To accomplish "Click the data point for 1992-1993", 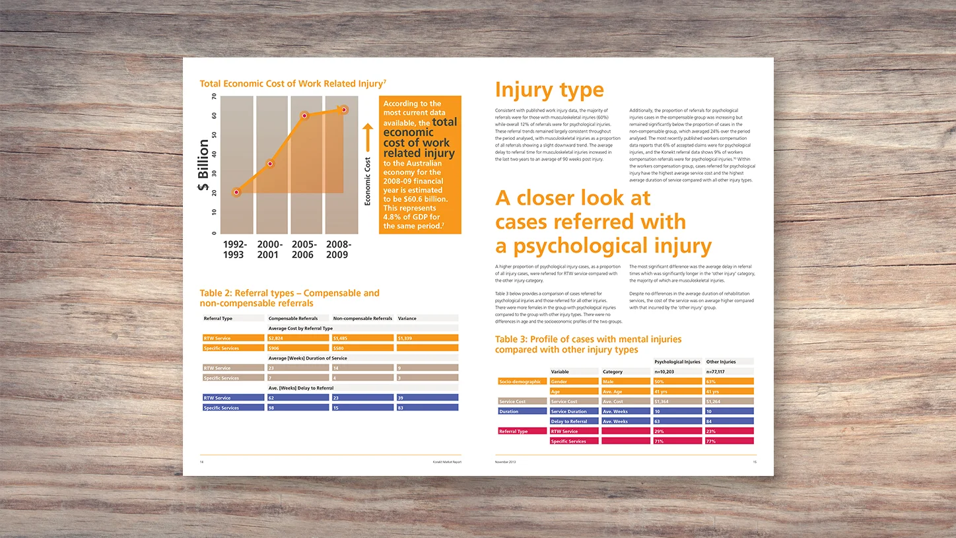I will [236, 192].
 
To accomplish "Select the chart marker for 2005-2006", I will [304, 116].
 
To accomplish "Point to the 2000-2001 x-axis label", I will [269, 250].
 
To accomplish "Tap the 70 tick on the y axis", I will [213, 97].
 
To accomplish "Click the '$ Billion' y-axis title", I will [203, 165].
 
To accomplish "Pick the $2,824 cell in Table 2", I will [298, 338].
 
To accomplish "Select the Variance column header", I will [407, 318].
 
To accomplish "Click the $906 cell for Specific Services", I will [298, 348].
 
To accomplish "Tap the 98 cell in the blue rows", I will [298, 408].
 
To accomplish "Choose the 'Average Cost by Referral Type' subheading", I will [300, 328].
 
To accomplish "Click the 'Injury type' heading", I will [549, 90].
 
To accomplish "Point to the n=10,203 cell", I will [677, 372].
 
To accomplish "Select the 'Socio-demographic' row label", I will [520, 382].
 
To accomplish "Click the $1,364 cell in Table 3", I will [677, 401].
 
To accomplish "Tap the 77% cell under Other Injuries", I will [729, 441].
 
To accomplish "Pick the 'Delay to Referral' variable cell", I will [573, 421].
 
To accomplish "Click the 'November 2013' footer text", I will [506, 462].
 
